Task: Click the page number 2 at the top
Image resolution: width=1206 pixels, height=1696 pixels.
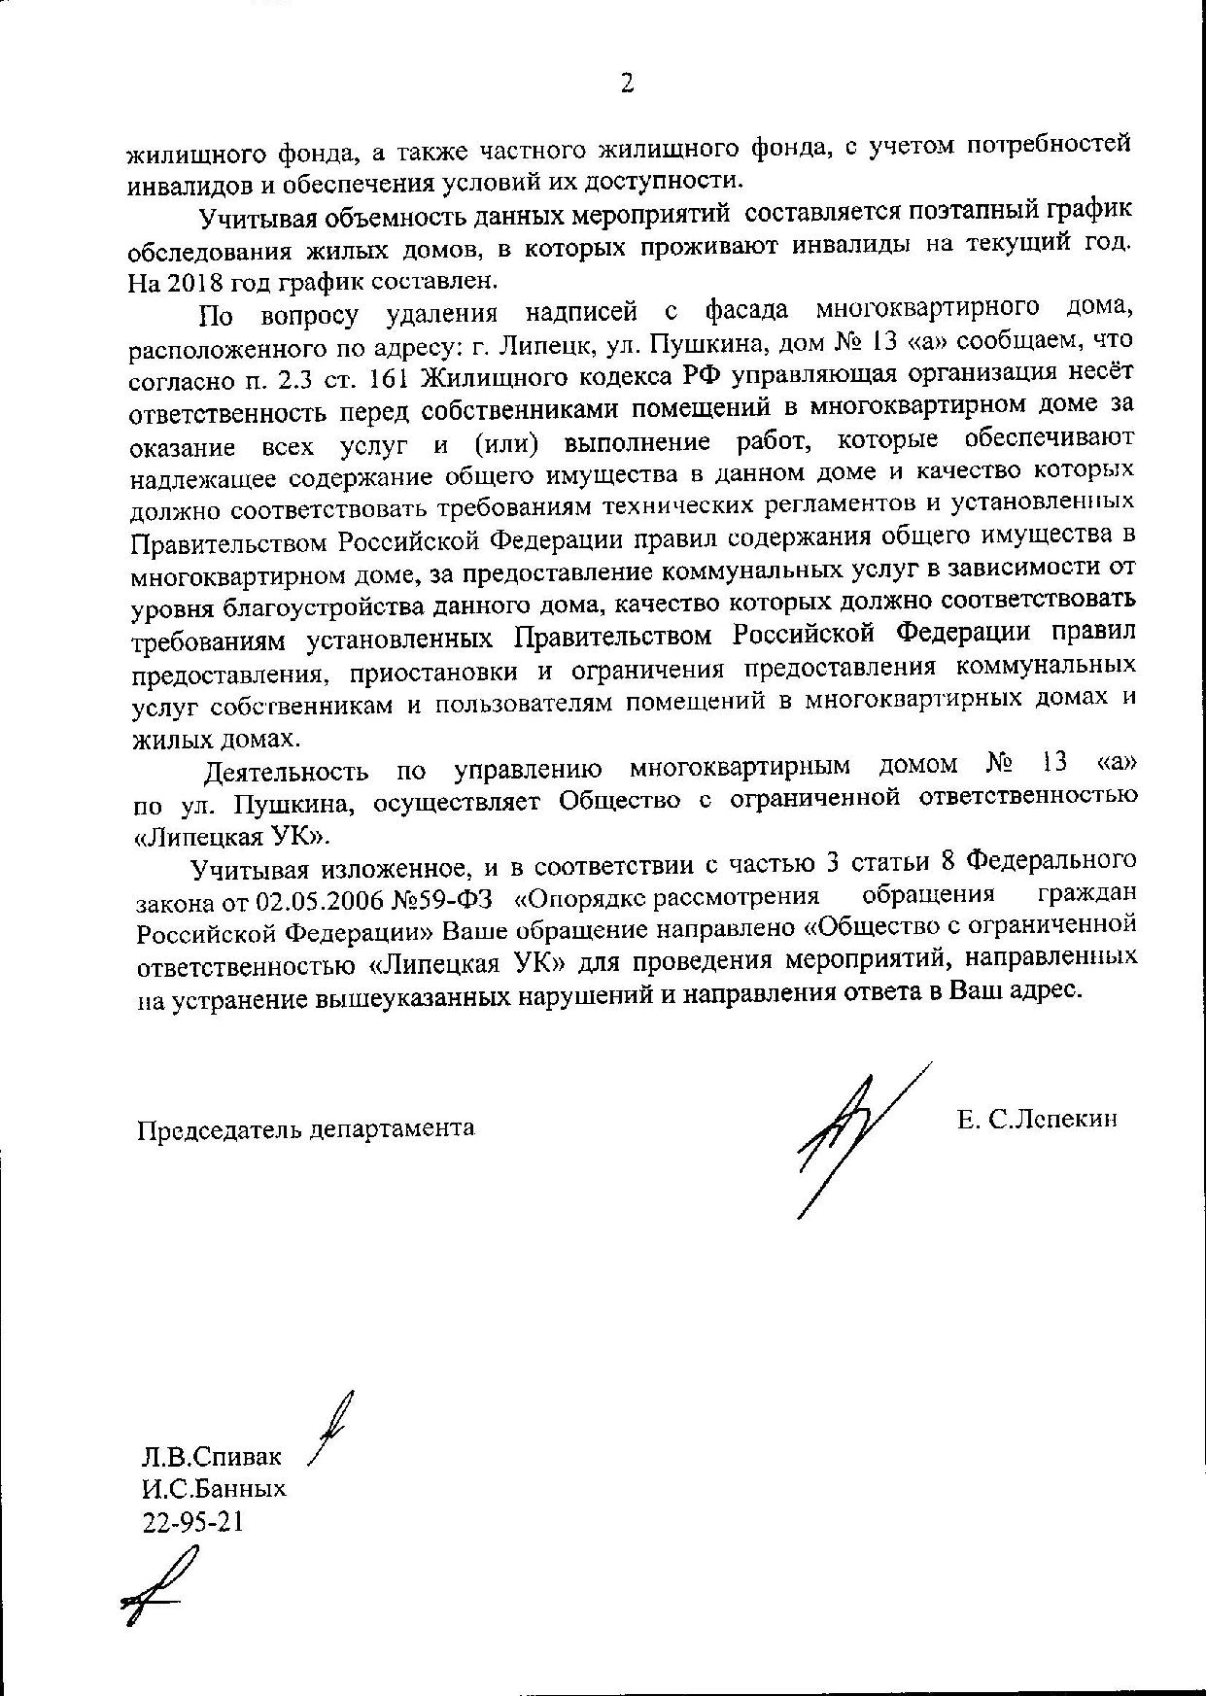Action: (627, 84)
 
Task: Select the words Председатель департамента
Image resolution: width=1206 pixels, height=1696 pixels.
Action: (305, 1128)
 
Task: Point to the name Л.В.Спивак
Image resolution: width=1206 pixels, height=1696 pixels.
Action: (211, 1457)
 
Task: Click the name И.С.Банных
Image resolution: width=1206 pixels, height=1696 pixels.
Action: (214, 1489)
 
